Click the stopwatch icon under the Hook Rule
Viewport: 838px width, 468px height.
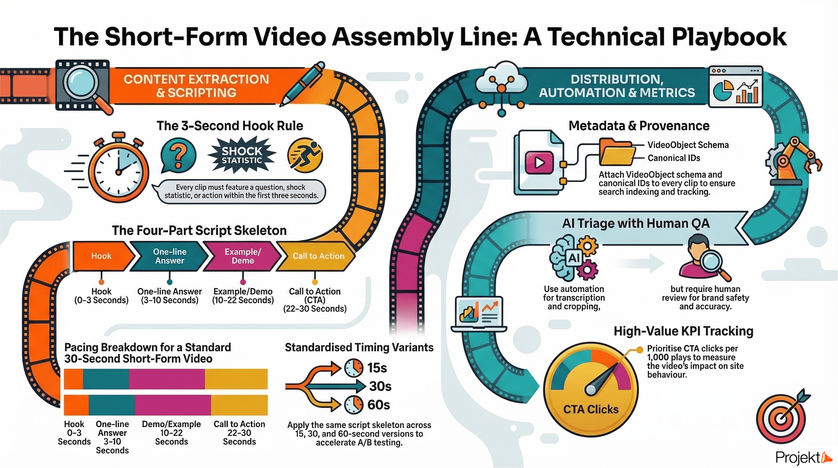[x=118, y=169]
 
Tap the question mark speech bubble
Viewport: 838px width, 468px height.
[x=178, y=155]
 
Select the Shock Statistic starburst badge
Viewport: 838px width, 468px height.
[x=242, y=155]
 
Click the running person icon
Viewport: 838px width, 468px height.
[x=305, y=155]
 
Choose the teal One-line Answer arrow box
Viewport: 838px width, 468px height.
[x=170, y=256]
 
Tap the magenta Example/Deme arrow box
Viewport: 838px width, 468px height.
[x=243, y=256]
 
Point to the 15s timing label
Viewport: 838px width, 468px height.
[x=377, y=368]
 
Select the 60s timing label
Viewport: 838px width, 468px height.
[x=378, y=405]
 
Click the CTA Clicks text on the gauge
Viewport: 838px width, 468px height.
[x=591, y=409]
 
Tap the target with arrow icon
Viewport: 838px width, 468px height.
[x=782, y=417]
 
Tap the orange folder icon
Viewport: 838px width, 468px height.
[x=616, y=153]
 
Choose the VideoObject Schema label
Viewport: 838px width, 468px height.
[x=688, y=145]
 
